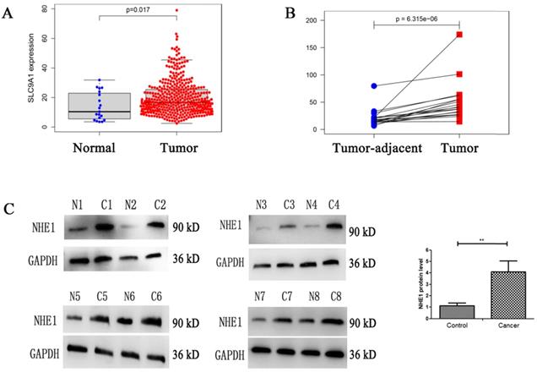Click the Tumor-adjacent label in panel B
(374, 147)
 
